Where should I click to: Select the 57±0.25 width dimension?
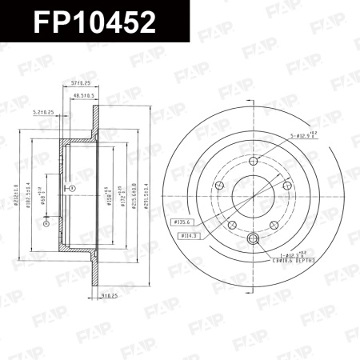tap(80, 83)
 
